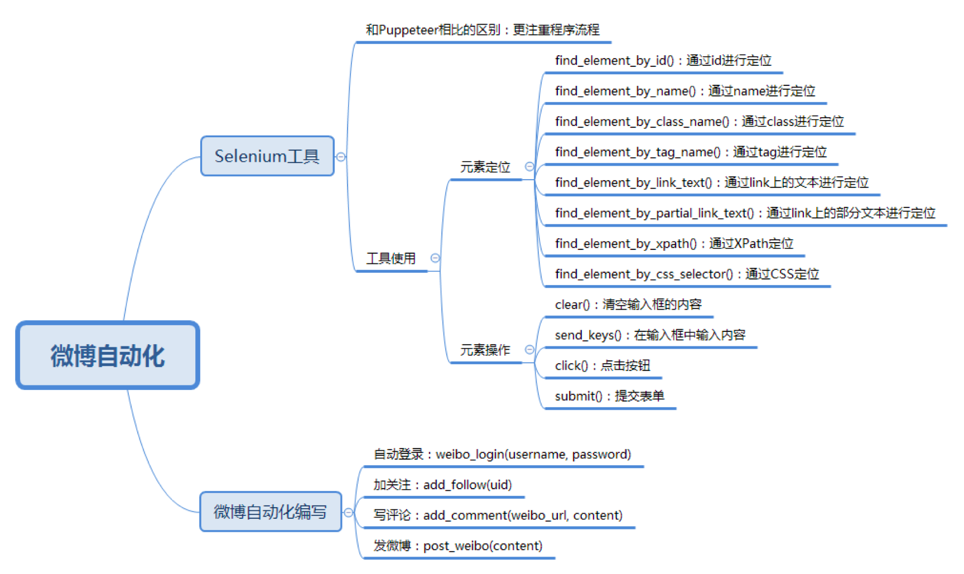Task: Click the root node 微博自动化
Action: [108, 355]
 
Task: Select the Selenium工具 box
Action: [267, 156]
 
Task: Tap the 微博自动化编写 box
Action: [271, 512]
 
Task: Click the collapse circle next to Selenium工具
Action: [341, 157]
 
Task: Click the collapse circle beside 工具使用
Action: [435, 258]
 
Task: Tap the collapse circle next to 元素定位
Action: [529, 166]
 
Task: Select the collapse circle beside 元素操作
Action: [529, 350]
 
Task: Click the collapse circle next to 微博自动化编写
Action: [349, 512]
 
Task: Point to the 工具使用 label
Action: [391, 258]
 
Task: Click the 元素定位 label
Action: [485, 167]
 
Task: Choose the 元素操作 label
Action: [485, 350]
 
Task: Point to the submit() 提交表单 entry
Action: [609, 396]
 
